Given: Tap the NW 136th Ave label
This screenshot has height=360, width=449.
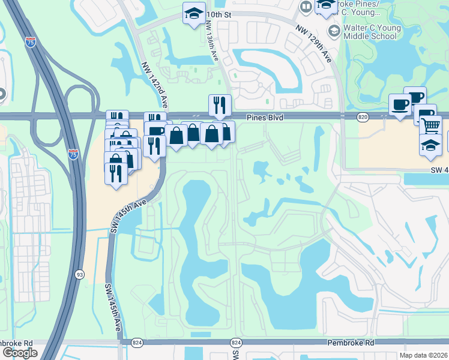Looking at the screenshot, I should pos(211,41).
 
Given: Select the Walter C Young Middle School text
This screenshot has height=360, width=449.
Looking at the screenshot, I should pos(370,31).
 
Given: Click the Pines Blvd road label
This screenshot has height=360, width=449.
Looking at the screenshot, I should pos(265,118).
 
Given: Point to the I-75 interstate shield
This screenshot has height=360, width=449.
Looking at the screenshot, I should pos(73,154).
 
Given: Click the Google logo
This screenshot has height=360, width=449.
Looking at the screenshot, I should pos(20,352).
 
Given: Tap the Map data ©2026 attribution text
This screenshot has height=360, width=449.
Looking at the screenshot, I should pos(424,355).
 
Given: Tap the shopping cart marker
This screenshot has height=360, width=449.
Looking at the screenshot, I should pos(430,125).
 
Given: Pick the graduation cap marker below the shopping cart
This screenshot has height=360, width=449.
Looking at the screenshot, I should pos(430,145).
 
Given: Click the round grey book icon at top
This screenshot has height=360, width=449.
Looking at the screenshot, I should pos(306,7).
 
